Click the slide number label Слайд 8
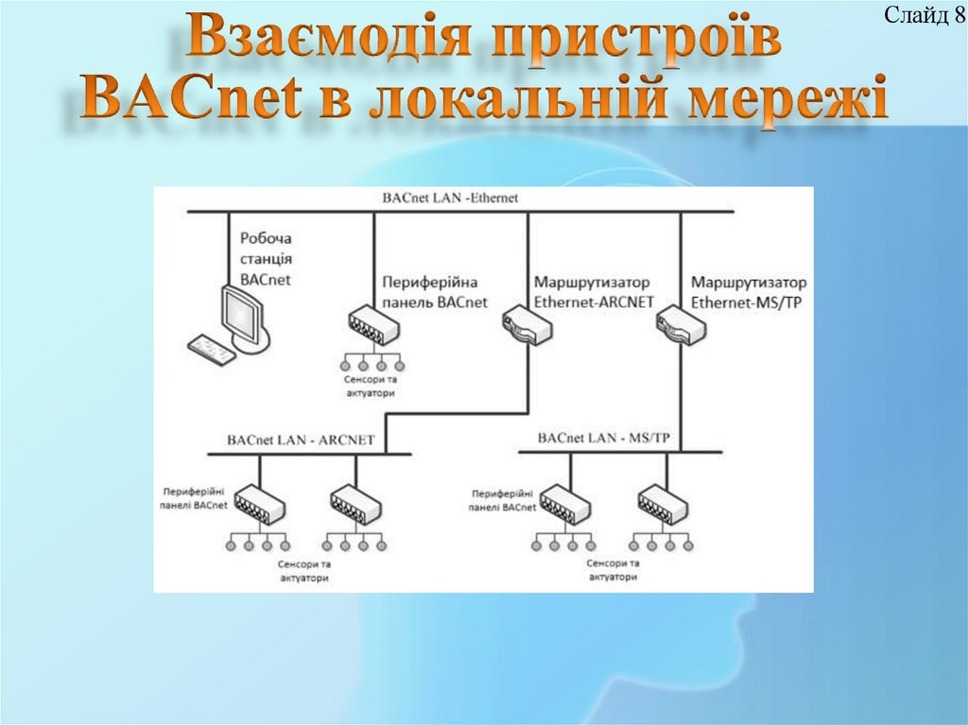(x=917, y=15)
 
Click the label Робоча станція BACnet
(x=266, y=259)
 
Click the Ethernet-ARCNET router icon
(x=527, y=323)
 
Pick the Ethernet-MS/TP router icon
(x=680, y=323)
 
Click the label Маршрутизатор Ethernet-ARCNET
(x=593, y=292)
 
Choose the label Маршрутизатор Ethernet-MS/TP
(x=749, y=292)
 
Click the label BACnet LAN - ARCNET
(x=301, y=440)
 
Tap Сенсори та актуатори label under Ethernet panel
(x=370, y=386)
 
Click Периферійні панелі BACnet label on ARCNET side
(x=195, y=499)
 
